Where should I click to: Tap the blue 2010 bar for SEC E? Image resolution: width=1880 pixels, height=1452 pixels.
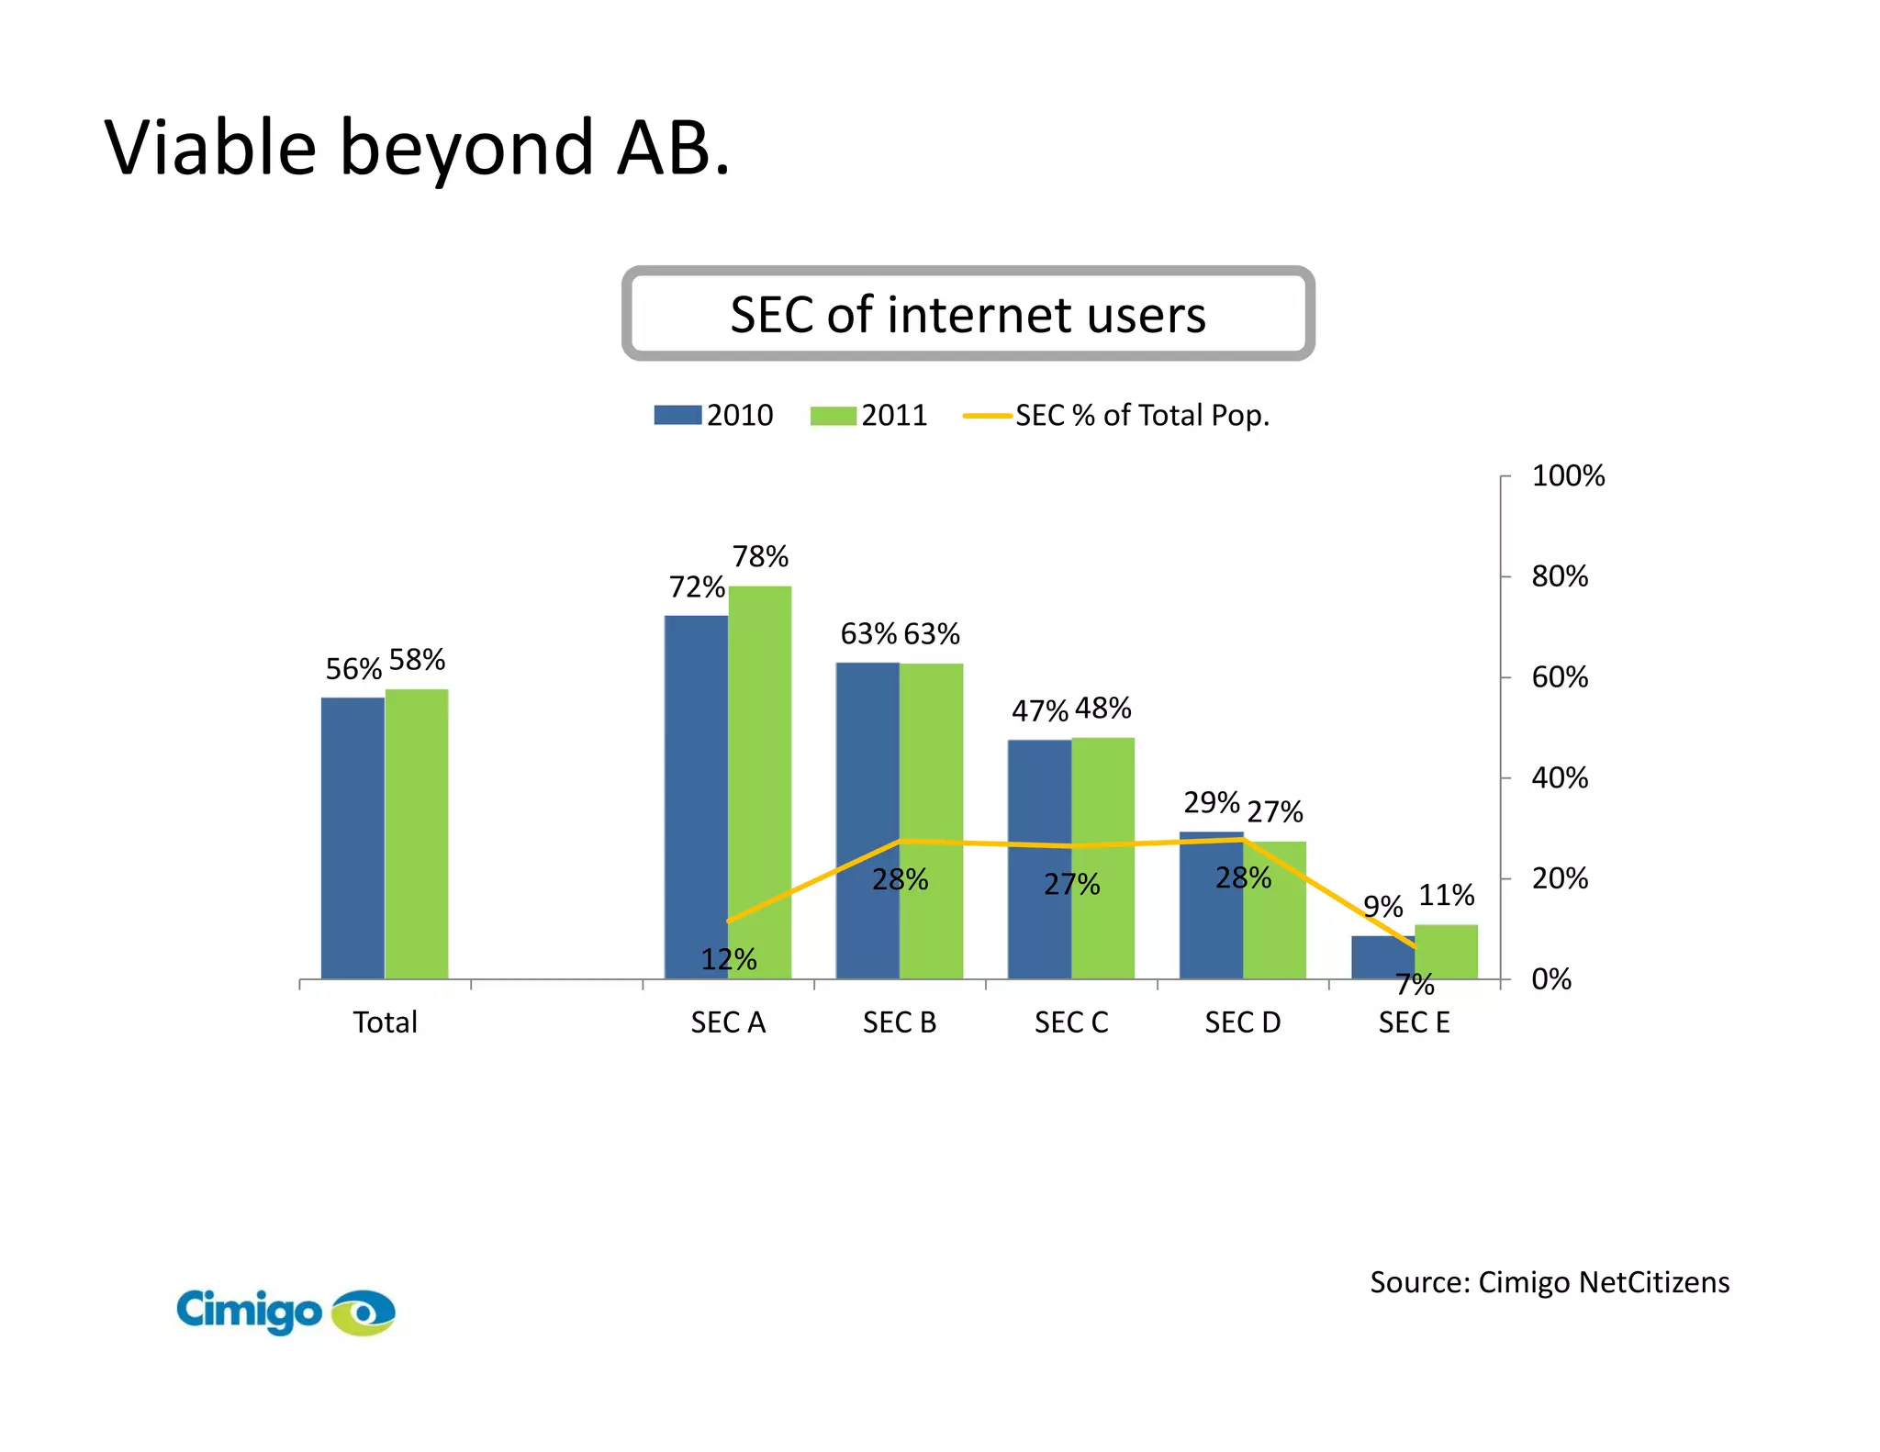pyautogui.click(x=1382, y=957)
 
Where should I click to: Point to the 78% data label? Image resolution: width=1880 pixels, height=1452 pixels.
pyautogui.click(x=760, y=556)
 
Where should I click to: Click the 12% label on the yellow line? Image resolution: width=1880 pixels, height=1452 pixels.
pyautogui.click(x=729, y=959)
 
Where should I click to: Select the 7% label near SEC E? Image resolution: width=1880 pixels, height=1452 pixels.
pyautogui.click(x=1415, y=984)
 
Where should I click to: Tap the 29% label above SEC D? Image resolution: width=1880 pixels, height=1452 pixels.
pyautogui.click(x=1211, y=802)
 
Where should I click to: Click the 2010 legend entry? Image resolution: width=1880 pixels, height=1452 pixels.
pyautogui.click(x=714, y=415)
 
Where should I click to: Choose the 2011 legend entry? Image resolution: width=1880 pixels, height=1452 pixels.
pyautogui.click(x=868, y=415)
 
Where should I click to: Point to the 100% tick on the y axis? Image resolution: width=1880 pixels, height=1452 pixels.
pyautogui.click(x=1567, y=475)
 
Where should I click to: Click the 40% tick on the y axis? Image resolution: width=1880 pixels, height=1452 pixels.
pyautogui.click(x=1559, y=777)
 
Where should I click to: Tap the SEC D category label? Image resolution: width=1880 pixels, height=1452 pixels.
pyautogui.click(x=1242, y=1022)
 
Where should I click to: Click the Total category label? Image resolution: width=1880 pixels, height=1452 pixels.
pyautogui.click(x=385, y=1022)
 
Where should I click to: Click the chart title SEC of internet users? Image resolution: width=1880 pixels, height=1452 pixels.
pyautogui.click(x=968, y=314)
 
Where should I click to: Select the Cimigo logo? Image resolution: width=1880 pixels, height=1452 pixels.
pyautogui.click(x=285, y=1311)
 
